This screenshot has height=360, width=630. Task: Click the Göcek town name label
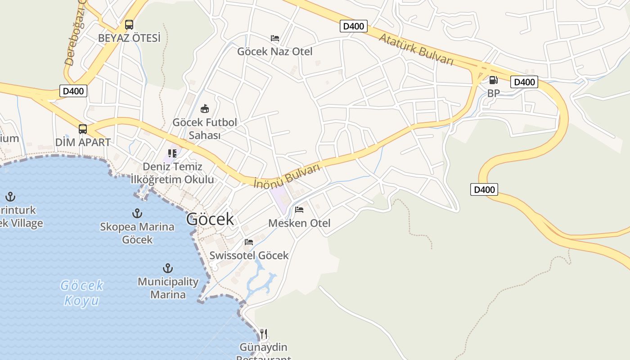(210, 219)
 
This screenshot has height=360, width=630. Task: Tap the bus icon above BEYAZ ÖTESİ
(129, 25)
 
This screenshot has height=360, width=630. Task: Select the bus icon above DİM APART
(83, 129)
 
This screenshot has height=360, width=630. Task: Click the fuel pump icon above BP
(493, 80)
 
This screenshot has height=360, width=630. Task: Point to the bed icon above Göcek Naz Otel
(275, 38)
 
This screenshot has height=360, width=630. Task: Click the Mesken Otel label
(299, 223)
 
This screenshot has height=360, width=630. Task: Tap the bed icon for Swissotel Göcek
(249, 242)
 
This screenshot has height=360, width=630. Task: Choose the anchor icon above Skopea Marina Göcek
(137, 213)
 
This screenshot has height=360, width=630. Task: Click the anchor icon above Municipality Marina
(168, 269)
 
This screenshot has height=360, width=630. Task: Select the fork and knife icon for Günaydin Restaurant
(264, 334)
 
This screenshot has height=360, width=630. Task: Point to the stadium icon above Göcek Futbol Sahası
(205, 108)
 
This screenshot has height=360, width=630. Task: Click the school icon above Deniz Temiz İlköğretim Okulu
(172, 153)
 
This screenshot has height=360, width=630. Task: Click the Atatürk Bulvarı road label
(416, 49)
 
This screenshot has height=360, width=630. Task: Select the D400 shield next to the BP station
(524, 82)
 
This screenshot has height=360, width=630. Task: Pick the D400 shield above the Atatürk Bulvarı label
(353, 26)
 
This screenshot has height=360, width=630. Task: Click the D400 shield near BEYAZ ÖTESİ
(73, 91)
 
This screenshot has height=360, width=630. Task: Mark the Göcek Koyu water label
(82, 292)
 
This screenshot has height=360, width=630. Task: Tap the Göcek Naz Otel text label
(275, 51)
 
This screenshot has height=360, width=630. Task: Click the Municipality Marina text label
(168, 288)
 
